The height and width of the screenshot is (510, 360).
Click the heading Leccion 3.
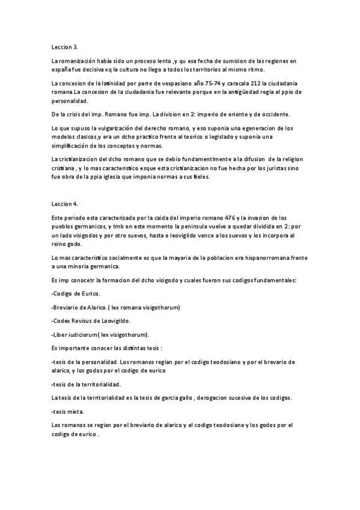point(65,46)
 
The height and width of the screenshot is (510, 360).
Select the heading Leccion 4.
point(65,204)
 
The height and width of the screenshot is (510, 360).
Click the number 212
point(254,82)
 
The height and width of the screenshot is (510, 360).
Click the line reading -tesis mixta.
point(69,412)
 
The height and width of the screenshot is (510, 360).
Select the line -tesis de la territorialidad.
point(87,384)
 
